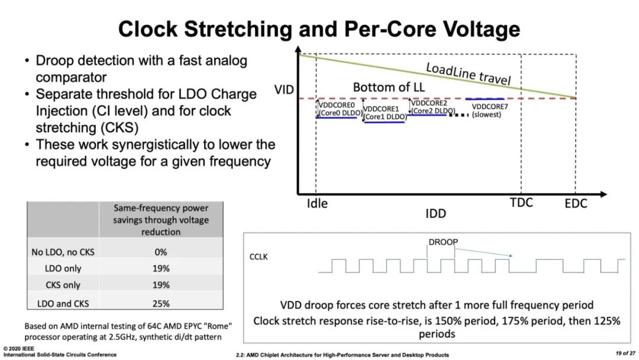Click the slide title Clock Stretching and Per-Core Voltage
pyautogui.click(x=319, y=28)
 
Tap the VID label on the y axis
pyautogui.click(x=285, y=90)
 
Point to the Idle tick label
pyautogui.click(x=317, y=203)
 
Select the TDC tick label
pyautogui.click(x=521, y=202)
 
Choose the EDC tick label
pyautogui.click(x=575, y=204)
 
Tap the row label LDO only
pyautogui.click(x=63, y=268)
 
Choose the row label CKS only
pyautogui.click(x=63, y=285)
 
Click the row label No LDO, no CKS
pyautogui.click(x=63, y=252)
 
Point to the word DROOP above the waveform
pyautogui.click(x=443, y=242)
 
